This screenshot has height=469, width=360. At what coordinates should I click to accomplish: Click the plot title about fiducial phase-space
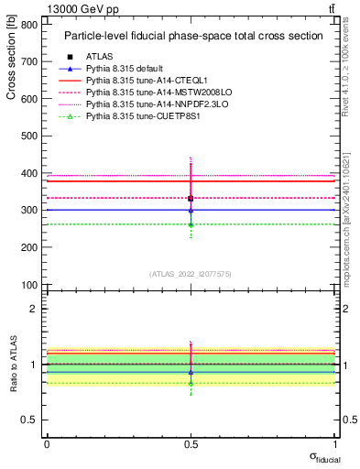pos(192,37)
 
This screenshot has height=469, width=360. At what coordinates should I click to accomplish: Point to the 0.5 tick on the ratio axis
pos(31,420)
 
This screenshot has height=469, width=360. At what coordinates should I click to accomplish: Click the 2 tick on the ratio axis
pos(36,309)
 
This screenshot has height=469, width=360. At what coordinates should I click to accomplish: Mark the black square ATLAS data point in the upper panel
pos(191,199)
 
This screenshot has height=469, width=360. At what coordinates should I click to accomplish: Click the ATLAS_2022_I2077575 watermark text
pos(191,273)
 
